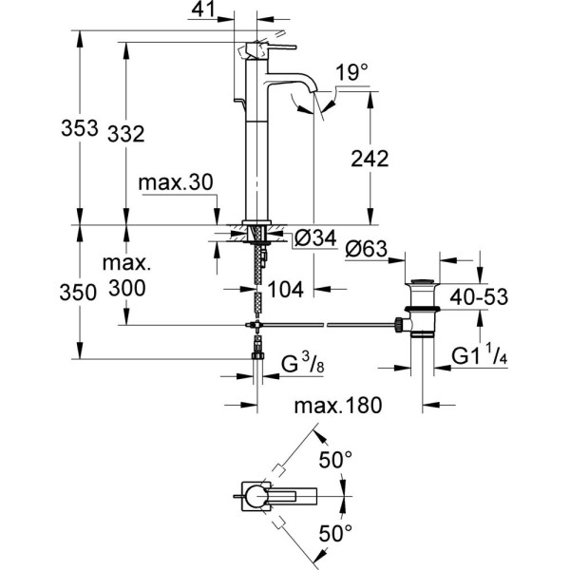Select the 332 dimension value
[125, 135]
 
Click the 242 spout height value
[370, 160]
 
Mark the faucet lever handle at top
[271, 46]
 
